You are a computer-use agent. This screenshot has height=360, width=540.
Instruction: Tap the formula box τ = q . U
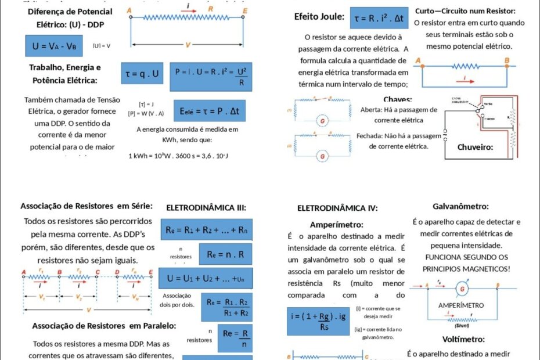[x=141, y=74]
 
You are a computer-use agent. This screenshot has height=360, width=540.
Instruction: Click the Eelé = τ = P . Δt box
[x=213, y=110]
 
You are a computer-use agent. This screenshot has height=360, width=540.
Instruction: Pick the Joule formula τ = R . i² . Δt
[x=379, y=19]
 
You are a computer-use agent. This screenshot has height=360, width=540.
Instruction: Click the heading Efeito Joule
[x=319, y=16]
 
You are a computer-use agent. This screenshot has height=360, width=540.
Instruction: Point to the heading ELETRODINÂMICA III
[x=206, y=207]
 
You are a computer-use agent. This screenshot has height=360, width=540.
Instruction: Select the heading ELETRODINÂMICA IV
[x=337, y=208]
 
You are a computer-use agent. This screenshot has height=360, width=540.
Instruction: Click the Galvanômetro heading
[x=460, y=206]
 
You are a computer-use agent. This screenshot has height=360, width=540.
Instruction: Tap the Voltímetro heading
[x=463, y=339]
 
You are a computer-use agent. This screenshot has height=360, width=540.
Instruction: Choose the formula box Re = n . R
[x=225, y=254]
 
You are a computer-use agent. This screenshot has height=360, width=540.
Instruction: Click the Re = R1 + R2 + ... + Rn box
[x=207, y=230]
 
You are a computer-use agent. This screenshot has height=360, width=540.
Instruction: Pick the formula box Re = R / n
[x=235, y=337]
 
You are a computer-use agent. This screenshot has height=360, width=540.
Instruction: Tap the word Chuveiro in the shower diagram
[x=475, y=147]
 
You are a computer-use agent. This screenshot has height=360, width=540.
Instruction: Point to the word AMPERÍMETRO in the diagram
[x=461, y=305]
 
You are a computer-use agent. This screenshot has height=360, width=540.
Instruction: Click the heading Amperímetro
[x=337, y=224]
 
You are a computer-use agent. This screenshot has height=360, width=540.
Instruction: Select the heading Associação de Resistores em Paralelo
[x=104, y=326]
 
